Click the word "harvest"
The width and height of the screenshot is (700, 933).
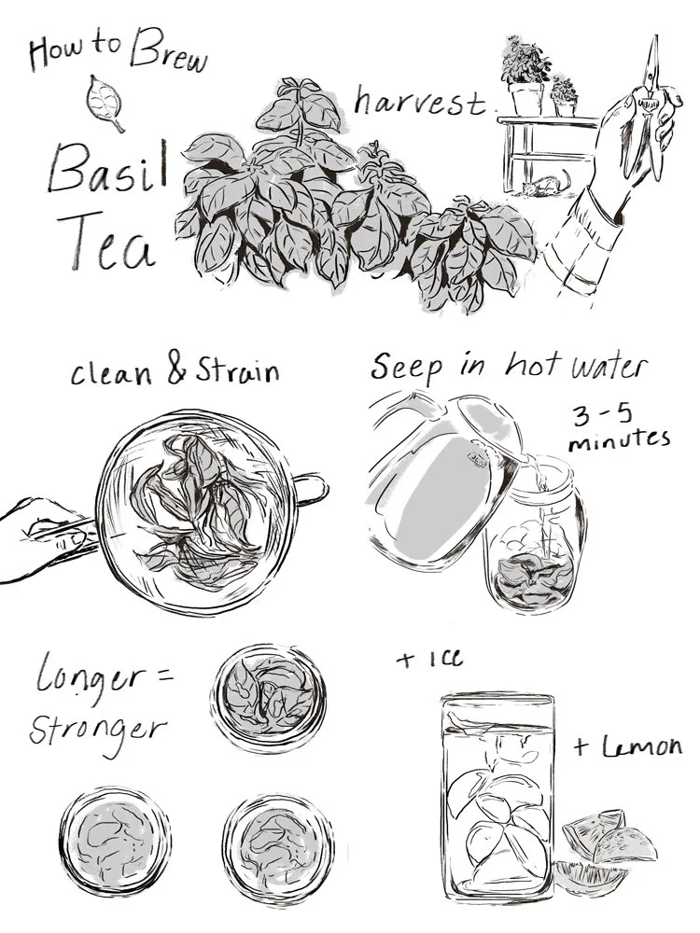pyautogui.click(x=421, y=103)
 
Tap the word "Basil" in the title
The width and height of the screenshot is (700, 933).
pyautogui.click(x=108, y=167)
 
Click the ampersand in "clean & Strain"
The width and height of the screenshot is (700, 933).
pyautogui.click(x=178, y=369)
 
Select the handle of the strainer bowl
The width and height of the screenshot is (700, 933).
pyautogui.click(x=311, y=489)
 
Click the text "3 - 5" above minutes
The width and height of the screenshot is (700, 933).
pyautogui.click(x=602, y=415)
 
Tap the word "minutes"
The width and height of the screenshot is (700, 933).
pyautogui.click(x=619, y=441)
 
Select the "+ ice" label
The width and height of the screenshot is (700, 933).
pyautogui.click(x=429, y=658)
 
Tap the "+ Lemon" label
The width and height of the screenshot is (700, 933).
pyautogui.click(x=627, y=746)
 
